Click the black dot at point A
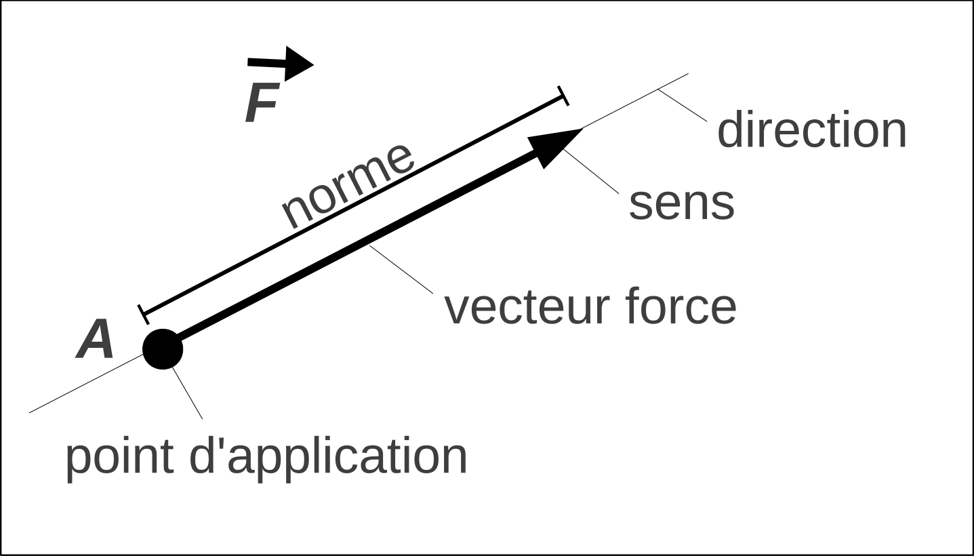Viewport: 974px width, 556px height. click(x=163, y=349)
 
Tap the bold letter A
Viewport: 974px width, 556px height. click(x=95, y=340)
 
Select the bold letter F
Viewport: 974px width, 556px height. click(x=262, y=105)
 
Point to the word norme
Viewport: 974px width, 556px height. click(x=347, y=184)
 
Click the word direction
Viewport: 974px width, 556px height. click(x=811, y=130)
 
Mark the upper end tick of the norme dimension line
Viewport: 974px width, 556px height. click(x=563, y=96)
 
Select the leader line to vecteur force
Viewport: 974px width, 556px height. click(x=401, y=269)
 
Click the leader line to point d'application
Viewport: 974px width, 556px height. click(x=188, y=393)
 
